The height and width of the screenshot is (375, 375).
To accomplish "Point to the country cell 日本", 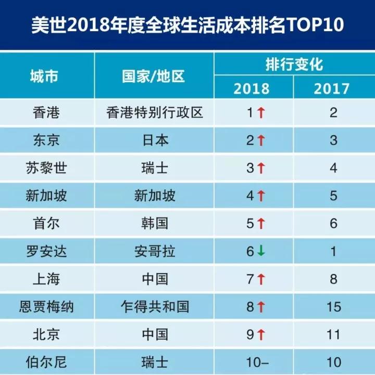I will tap(154, 140).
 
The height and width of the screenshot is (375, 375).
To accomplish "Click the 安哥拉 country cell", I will tap(154, 251).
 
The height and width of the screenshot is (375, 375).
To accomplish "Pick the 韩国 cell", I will tap(154, 223).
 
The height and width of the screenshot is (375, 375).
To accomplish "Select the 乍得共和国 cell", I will tap(154, 307).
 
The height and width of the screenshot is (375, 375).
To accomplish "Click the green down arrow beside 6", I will tap(261, 252).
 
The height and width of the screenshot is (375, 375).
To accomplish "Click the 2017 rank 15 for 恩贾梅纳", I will tap(334, 307).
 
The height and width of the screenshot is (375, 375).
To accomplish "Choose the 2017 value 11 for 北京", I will tap(334, 334).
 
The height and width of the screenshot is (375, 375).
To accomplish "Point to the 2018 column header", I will tap(252, 88).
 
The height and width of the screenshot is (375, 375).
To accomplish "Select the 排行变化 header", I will tap(294, 64).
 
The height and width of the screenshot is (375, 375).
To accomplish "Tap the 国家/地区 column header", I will tap(154, 76).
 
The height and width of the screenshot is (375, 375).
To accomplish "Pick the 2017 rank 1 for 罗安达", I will tap(334, 251).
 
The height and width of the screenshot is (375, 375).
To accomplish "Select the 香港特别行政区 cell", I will tap(154, 112).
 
